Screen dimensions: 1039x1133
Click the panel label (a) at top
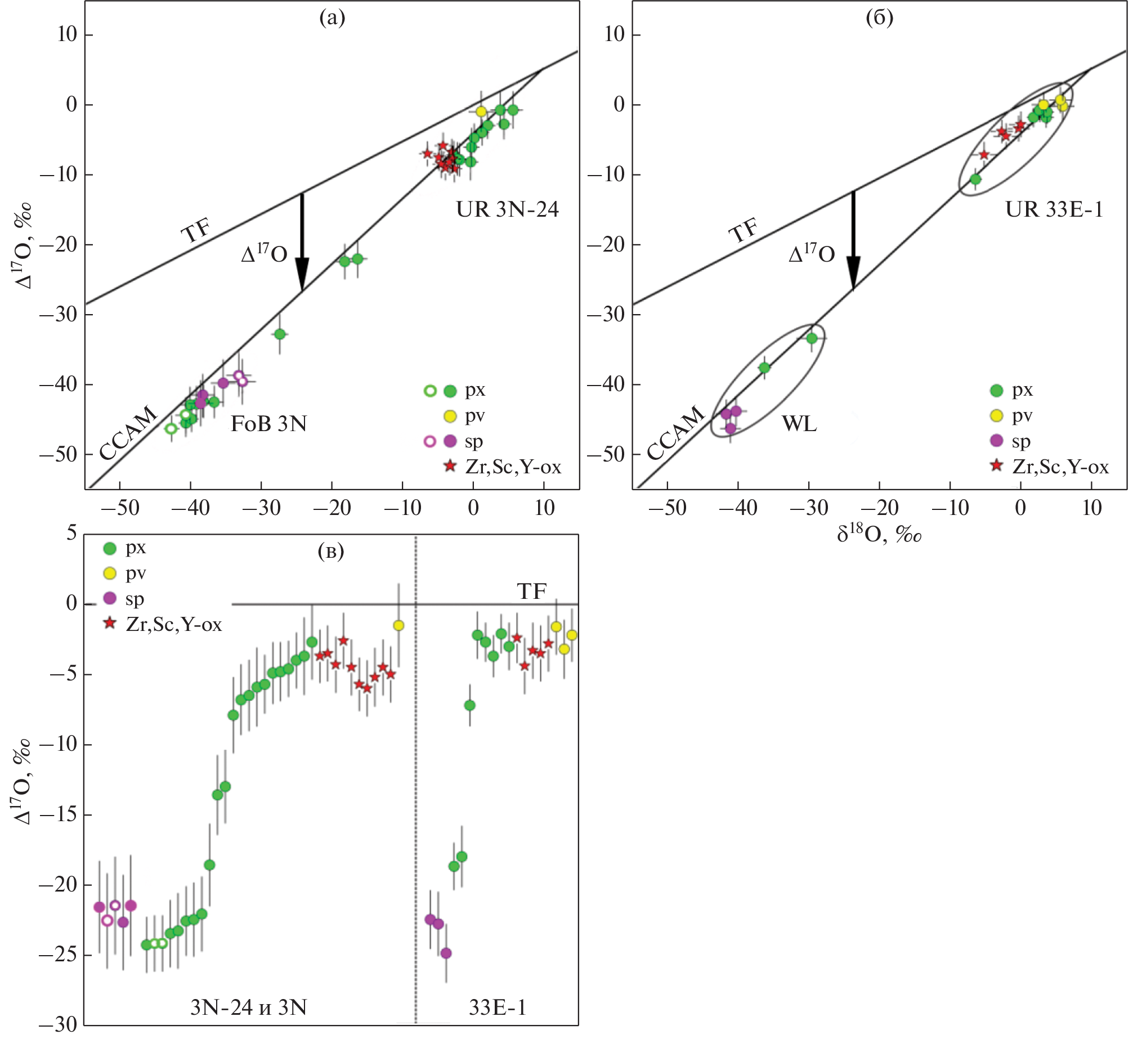332,19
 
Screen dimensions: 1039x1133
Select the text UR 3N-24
507,210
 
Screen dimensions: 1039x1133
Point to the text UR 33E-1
1054,210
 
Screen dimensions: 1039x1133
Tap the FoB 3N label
268,424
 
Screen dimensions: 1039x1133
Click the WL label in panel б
799,423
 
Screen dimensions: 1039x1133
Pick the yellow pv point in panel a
481,111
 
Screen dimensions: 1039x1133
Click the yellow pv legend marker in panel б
997,416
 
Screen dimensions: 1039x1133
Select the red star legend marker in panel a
450,466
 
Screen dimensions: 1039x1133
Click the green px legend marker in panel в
110,548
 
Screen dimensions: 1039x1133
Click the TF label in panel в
531,592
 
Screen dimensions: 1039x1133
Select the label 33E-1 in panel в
498,1007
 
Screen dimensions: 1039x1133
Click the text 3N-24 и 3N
249,1007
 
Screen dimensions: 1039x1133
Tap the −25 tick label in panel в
57,956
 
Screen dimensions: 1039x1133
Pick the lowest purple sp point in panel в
446,953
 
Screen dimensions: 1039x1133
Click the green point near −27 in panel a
280,334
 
